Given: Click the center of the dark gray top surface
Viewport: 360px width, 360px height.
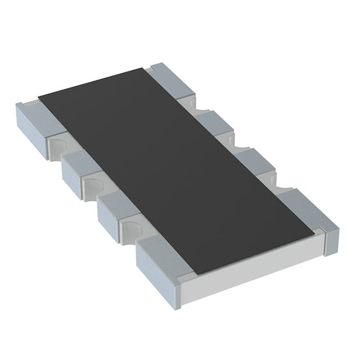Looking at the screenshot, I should [174, 169].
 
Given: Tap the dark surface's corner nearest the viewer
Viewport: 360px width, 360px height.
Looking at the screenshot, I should [194, 274].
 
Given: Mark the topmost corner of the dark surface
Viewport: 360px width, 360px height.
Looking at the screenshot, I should [145, 69].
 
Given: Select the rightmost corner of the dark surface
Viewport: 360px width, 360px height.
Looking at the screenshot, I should [313, 232].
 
